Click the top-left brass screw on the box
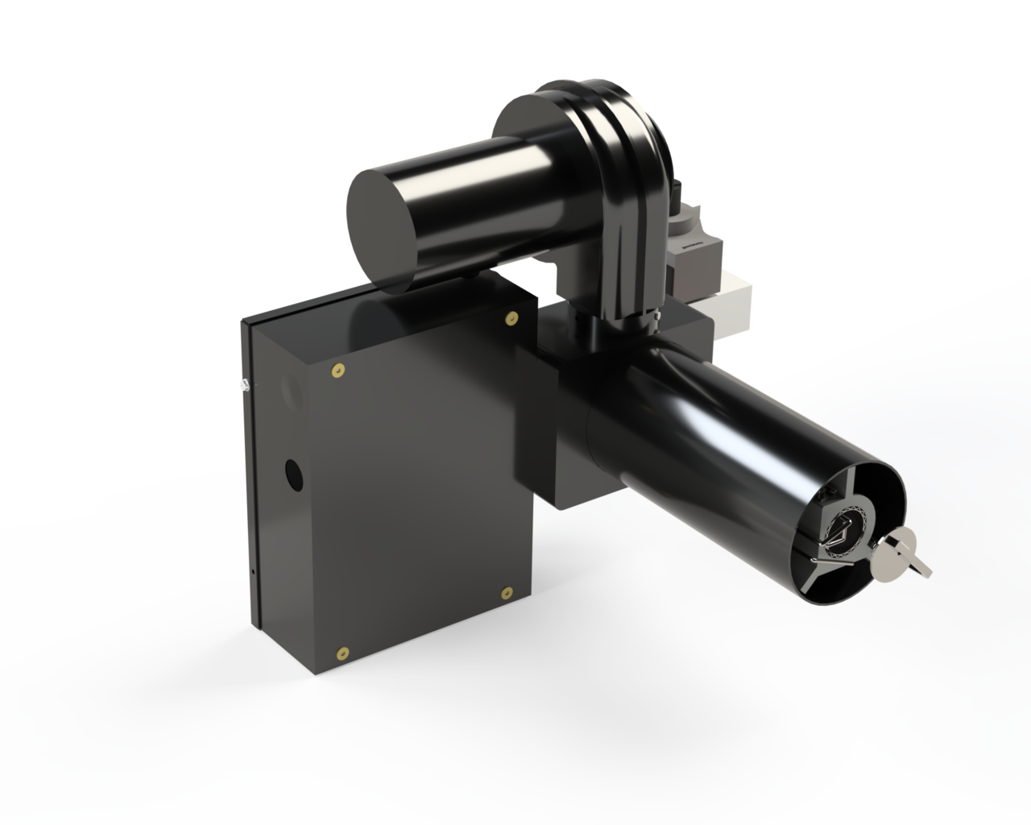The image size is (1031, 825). (337, 371)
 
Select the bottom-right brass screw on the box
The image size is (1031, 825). (506, 593)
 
